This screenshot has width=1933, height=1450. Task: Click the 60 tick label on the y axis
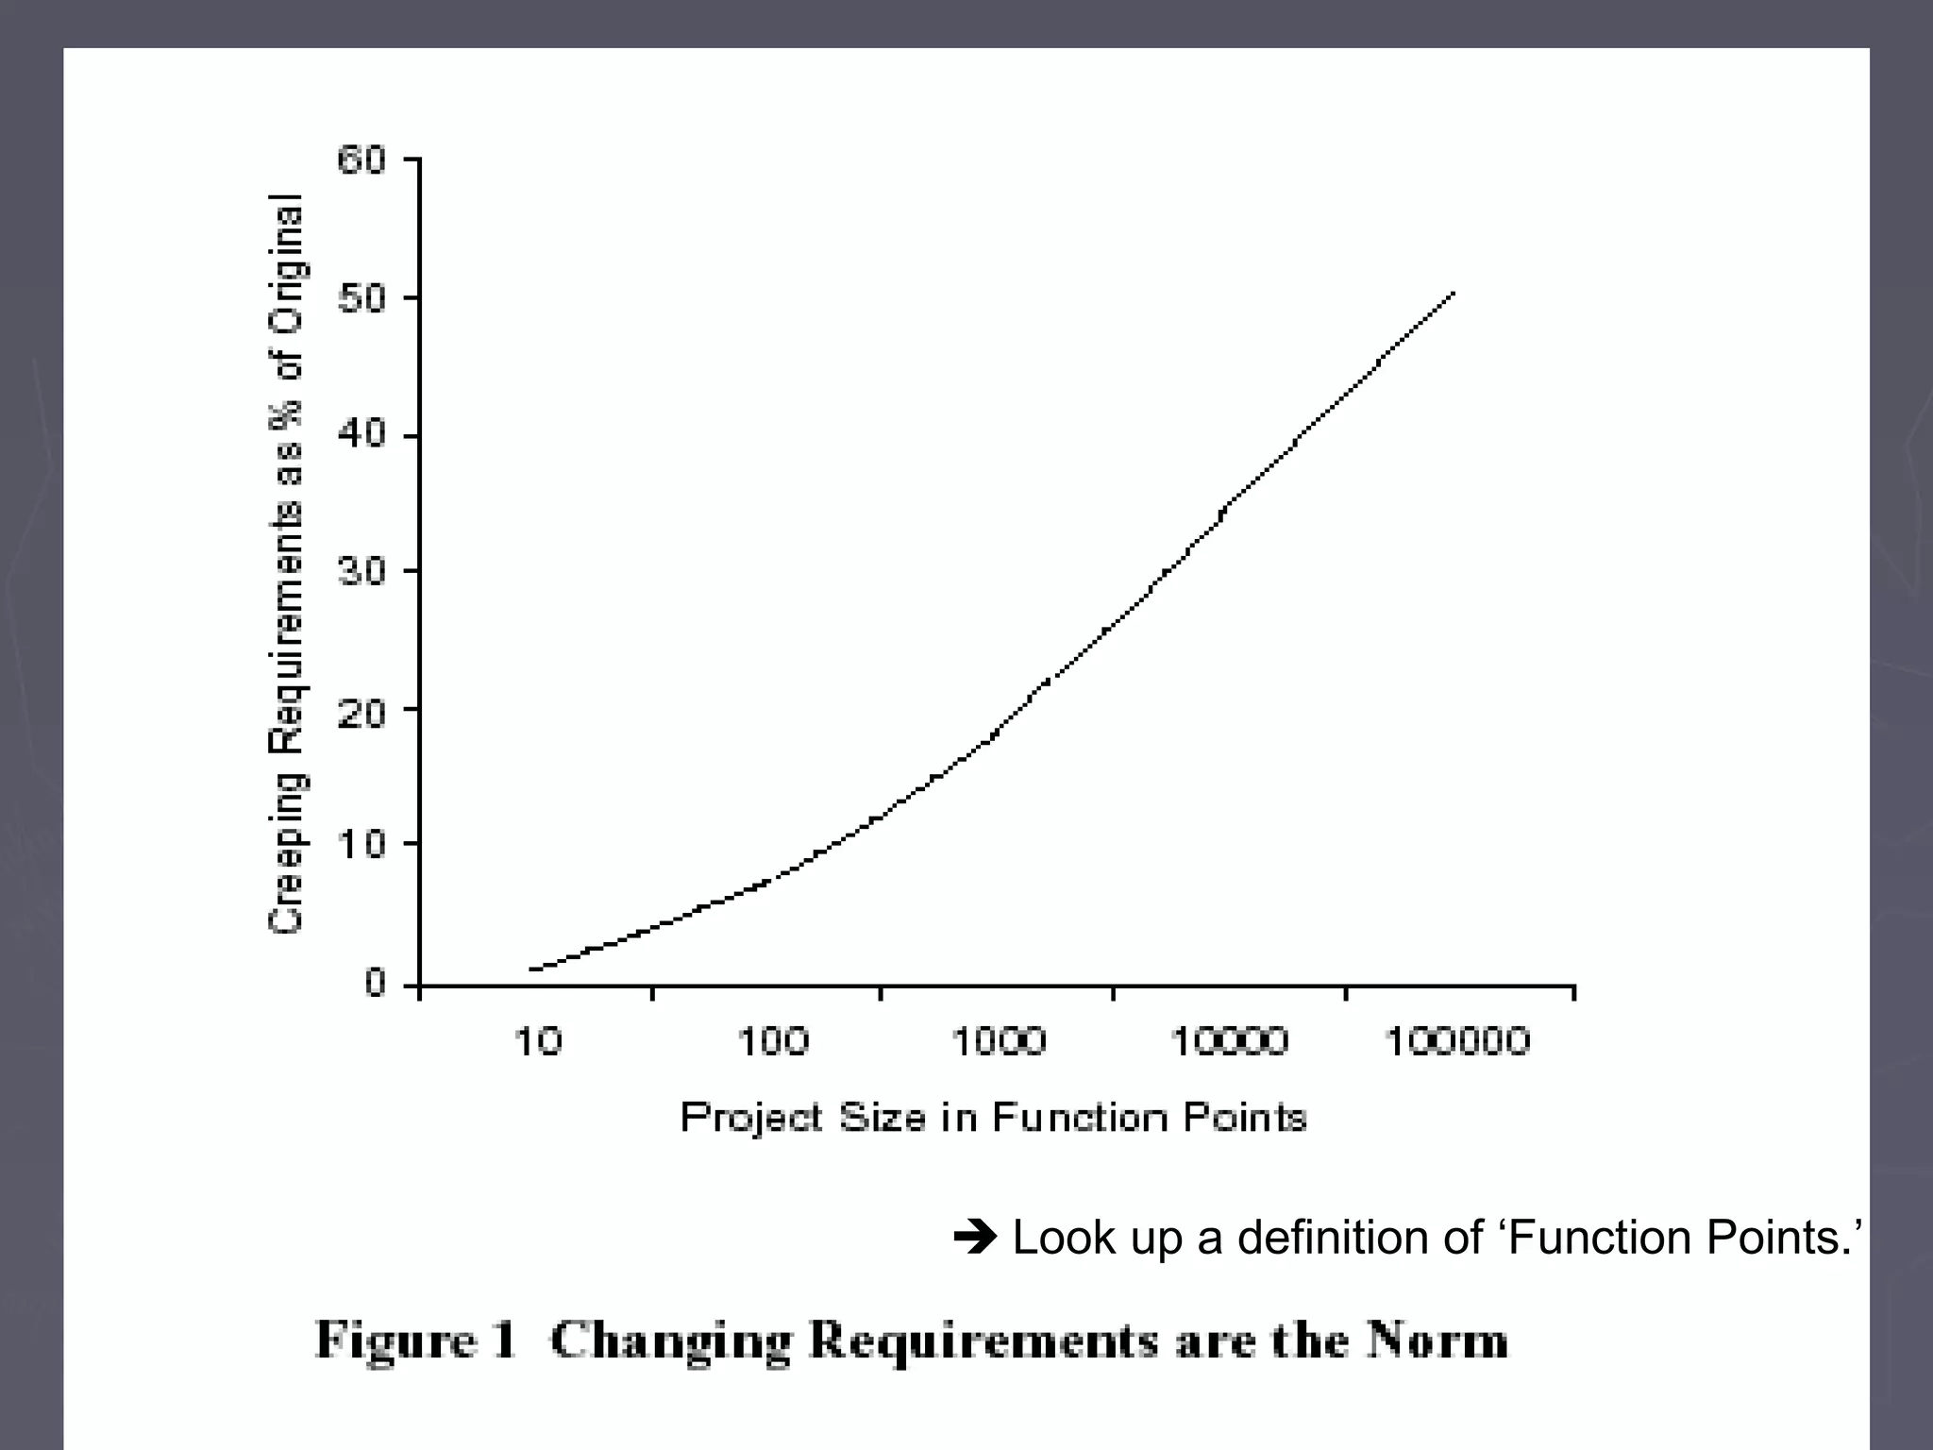click(x=361, y=160)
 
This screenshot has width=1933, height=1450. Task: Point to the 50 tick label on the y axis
click(x=361, y=299)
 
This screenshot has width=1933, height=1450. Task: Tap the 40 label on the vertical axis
click(x=361, y=435)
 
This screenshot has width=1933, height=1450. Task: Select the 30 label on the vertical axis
click(x=361, y=571)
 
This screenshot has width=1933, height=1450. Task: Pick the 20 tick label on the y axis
click(x=361, y=710)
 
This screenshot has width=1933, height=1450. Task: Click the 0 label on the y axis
click(x=375, y=984)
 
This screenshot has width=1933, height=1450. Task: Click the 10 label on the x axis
click(x=538, y=1042)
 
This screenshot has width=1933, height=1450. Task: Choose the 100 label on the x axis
click(x=772, y=1042)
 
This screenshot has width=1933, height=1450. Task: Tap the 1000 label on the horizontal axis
click(x=999, y=1042)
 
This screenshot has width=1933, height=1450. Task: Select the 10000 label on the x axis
click(x=1230, y=1042)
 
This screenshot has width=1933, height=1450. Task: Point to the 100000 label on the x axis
click(x=1456, y=1042)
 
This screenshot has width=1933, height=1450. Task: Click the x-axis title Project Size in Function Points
click(x=993, y=1119)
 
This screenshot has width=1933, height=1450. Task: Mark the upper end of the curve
click(x=1454, y=294)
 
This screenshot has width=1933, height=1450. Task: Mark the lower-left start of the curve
click(x=532, y=969)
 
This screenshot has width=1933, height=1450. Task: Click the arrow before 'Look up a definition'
click(x=975, y=1238)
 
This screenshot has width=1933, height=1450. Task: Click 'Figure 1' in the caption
click(x=416, y=1340)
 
